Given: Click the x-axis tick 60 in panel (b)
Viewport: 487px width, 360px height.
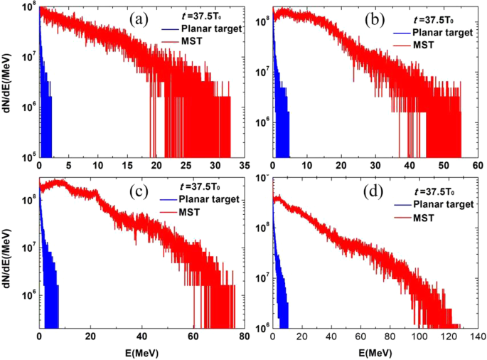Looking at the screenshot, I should pos(477,164).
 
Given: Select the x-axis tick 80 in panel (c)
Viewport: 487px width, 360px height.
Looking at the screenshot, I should pos(245,336).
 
